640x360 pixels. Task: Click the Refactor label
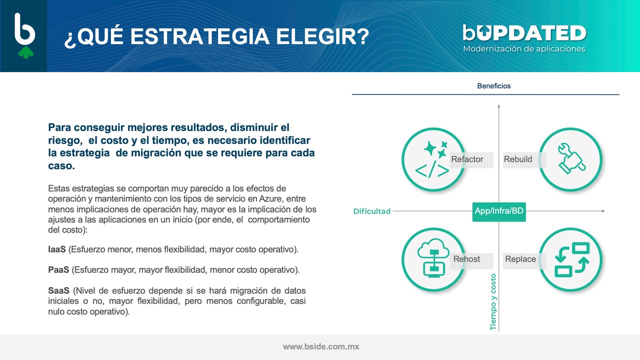[x=467, y=159]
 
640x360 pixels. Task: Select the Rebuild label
[x=517, y=159]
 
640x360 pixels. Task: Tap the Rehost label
[x=466, y=259]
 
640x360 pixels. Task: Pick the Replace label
[x=520, y=259]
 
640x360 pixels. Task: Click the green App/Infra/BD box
[x=499, y=211]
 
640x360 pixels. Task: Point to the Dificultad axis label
[x=371, y=211]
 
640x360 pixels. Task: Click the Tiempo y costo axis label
[x=493, y=301]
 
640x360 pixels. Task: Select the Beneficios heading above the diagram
[x=493, y=85]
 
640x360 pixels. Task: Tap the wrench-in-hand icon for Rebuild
[x=571, y=158]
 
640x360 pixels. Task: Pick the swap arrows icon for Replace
[x=572, y=259]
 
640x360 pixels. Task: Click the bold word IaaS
[x=57, y=249]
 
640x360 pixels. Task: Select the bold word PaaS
[x=58, y=269]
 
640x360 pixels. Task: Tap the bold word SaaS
[x=58, y=290]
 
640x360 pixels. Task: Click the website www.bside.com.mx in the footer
[x=321, y=346]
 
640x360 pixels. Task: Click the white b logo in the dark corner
[x=24, y=29]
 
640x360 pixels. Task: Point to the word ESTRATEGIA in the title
[x=199, y=36]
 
